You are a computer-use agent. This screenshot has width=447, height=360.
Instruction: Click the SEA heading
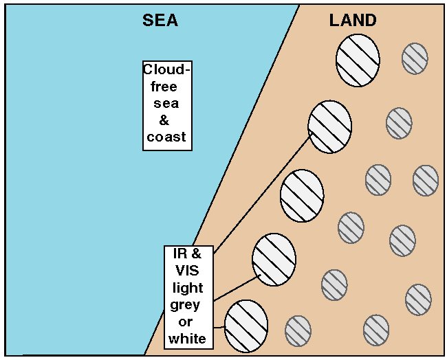tap(160, 21)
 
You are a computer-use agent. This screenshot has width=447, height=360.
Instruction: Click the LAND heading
tap(352, 21)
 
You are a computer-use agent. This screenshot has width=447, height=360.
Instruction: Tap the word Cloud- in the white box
tap(166, 71)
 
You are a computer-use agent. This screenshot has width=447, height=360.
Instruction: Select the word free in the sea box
tap(165, 87)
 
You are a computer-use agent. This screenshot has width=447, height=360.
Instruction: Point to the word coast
tap(166, 137)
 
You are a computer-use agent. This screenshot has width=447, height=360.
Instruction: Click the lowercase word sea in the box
tap(166, 104)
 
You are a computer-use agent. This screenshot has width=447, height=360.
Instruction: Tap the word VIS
tap(188, 271)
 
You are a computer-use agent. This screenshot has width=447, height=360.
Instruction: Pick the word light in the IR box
tap(188, 288)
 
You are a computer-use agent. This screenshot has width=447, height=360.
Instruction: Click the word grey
tap(187, 305)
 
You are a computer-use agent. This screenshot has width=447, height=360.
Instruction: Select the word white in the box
tap(188, 339)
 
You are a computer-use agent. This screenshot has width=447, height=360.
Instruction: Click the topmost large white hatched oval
tap(358, 60)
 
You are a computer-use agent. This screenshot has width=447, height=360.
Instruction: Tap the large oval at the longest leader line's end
tap(329, 126)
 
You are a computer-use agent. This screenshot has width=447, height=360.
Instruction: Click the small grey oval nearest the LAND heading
tap(415, 58)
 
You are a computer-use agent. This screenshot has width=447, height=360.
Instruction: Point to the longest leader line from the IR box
tap(261, 193)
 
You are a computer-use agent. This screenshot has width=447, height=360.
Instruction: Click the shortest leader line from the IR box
tap(219, 326)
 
